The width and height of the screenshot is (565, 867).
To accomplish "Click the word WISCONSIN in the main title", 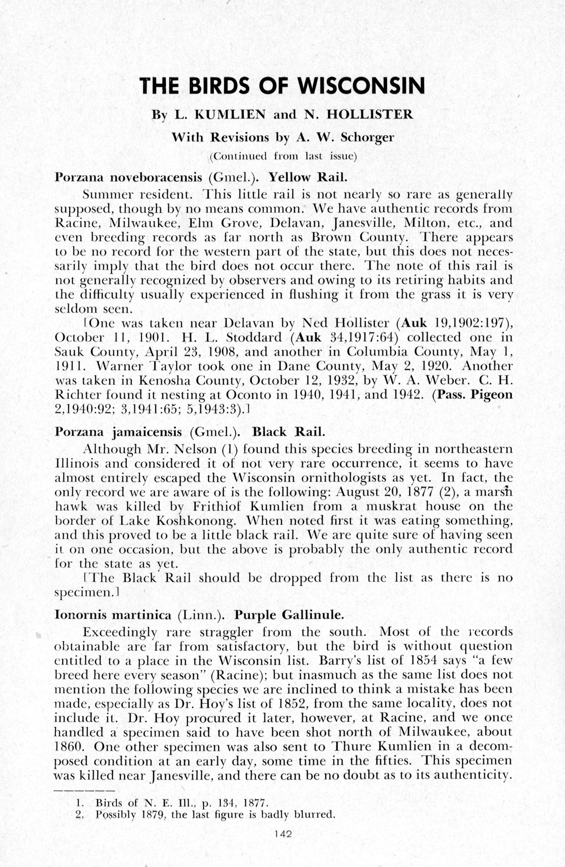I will click(x=362, y=86).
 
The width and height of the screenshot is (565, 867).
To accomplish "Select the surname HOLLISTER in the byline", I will click(x=370, y=115).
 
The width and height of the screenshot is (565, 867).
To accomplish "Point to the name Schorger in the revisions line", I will click(x=367, y=137).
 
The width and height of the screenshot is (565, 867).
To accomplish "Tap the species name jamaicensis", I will click(x=147, y=432).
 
